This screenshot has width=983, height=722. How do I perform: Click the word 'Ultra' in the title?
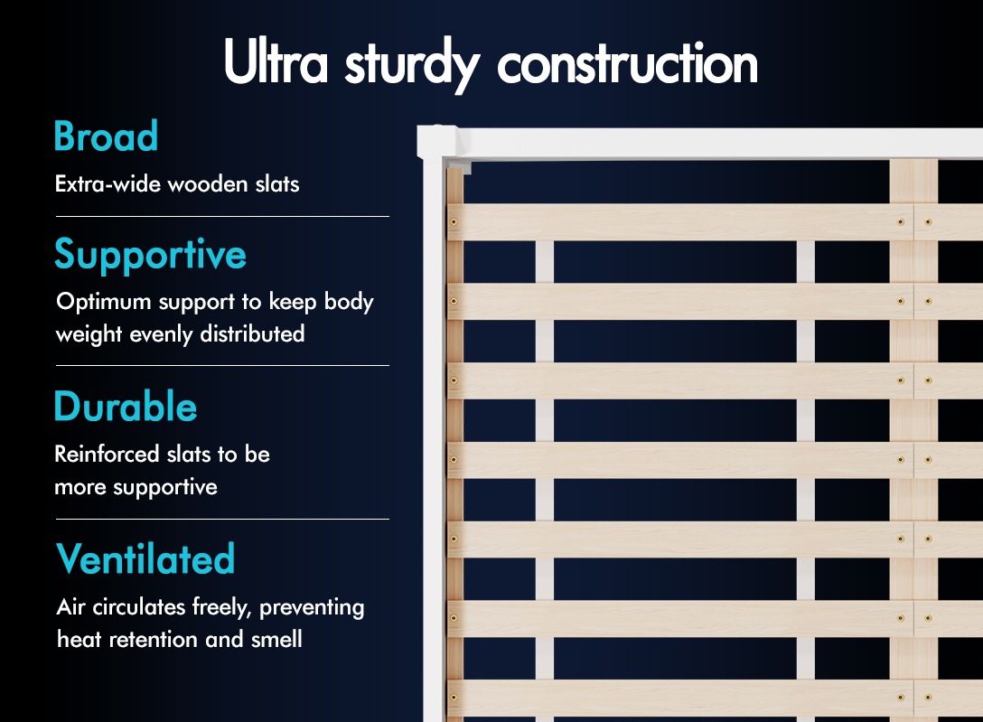[276, 61]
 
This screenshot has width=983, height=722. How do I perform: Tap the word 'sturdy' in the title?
[413, 65]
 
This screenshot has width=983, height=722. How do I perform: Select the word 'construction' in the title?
[628, 62]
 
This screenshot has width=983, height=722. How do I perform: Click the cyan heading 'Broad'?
[106, 136]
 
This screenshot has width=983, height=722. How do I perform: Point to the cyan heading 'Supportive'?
[151, 256]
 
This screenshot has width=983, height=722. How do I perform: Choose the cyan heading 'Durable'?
[126, 406]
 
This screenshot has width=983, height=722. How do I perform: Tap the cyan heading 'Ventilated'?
[145, 558]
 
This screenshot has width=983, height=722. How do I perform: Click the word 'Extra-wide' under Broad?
[108, 183]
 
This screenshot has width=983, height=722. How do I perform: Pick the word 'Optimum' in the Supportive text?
[104, 303]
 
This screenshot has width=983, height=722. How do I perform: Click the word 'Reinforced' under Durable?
[107, 454]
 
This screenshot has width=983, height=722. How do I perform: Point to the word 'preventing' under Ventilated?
[312, 608]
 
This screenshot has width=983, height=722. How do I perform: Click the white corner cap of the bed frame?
[437, 142]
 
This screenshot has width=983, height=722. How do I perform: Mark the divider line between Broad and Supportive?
[222, 216]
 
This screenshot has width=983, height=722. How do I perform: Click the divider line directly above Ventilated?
[222, 519]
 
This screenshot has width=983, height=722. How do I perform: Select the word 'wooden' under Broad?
[208, 183]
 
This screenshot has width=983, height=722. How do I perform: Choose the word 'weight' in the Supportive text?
[89, 334]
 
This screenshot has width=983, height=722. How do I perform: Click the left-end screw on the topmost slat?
[454, 222]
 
